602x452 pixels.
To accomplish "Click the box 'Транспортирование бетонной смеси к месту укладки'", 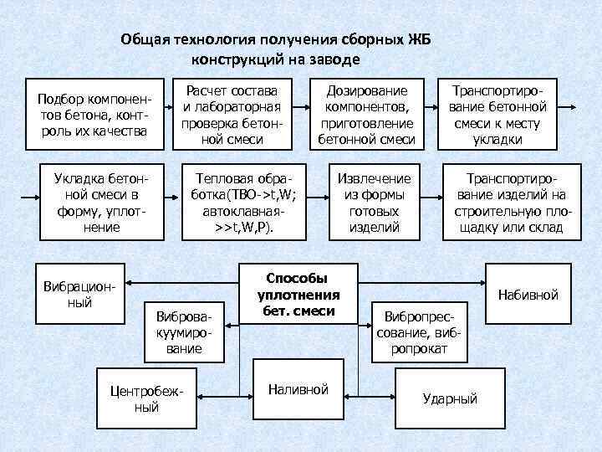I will click(497, 114).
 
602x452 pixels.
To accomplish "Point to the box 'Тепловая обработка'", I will click(245, 203).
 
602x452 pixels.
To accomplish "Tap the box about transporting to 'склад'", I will click(510, 203).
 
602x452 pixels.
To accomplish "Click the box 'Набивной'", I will click(528, 295).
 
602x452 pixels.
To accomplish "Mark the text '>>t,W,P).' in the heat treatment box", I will click(245, 228).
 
